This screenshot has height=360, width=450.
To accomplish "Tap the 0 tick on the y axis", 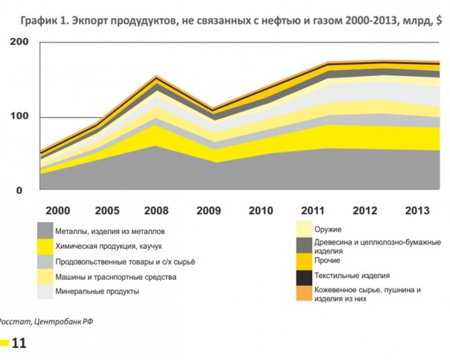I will click(22, 190).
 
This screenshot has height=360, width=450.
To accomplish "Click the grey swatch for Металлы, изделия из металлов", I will click(45, 231).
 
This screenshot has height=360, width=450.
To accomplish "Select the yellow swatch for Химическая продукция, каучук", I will click(45, 246).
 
